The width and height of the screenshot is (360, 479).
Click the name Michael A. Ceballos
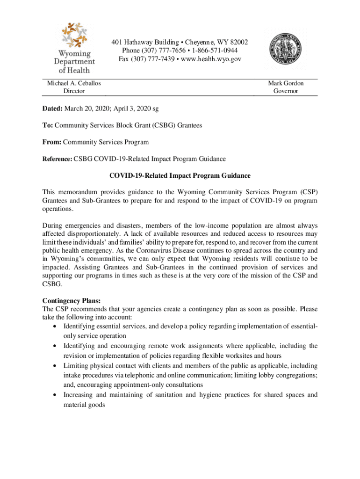click(74, 83)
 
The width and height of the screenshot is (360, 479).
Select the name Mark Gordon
click(286, 83)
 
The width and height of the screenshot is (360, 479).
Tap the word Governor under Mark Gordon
click(286, 91)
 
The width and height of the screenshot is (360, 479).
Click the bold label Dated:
click(52, 109)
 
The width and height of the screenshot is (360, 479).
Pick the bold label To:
click(48, 126)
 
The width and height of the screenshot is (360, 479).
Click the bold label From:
click(52, 142)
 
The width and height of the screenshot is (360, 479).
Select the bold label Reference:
click(57, 159)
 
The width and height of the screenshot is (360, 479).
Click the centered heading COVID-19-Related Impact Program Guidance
click(180, 176)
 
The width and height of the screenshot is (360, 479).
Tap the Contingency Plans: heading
click(72, 300)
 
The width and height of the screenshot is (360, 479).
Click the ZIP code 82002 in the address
click(238, 42)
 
